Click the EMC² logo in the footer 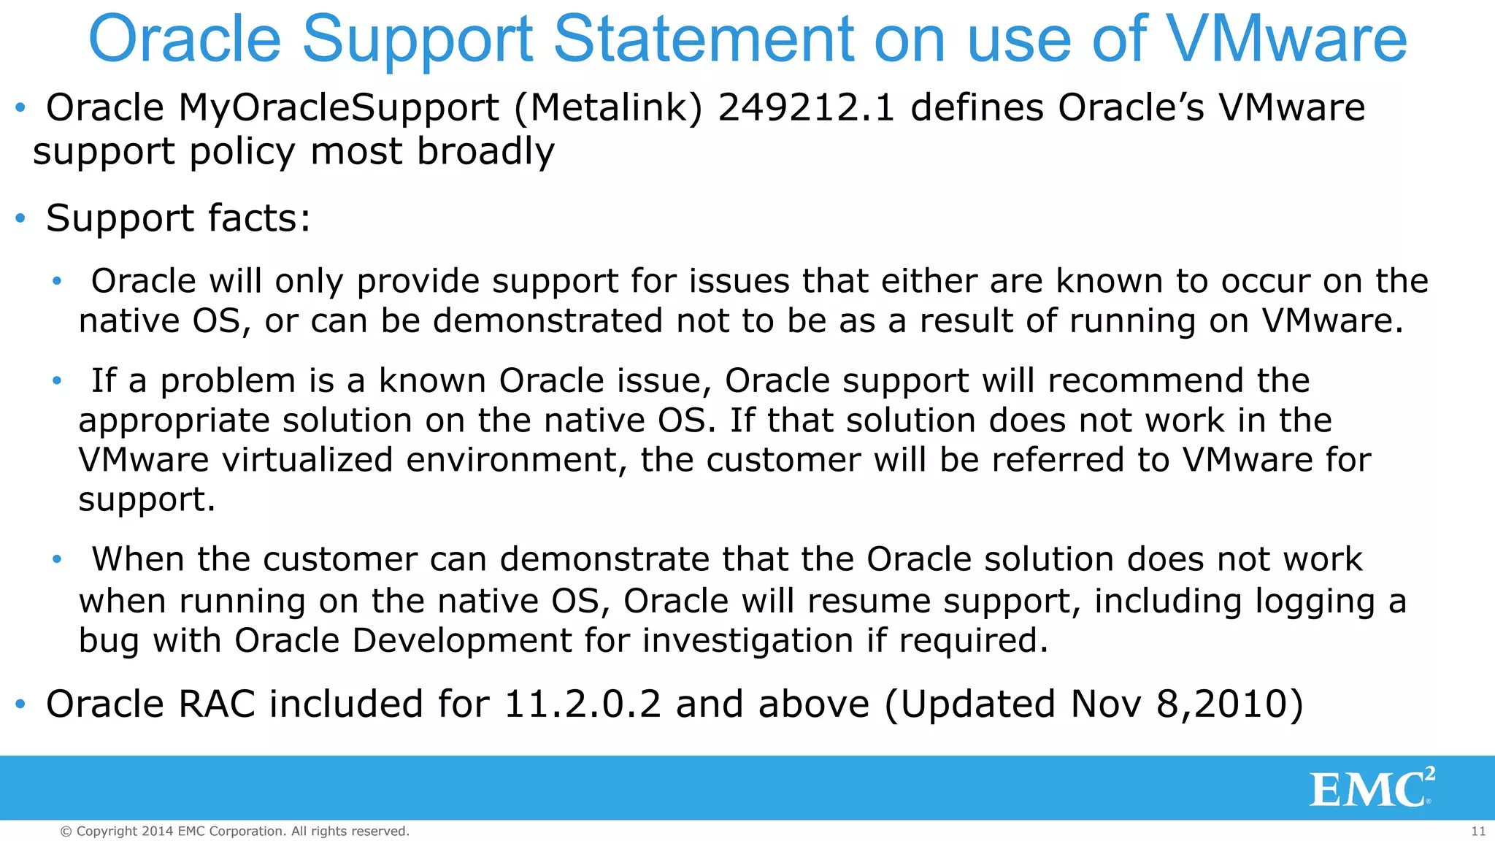[1372, 788]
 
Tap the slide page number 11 [1478, 831]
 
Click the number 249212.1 [806, 108]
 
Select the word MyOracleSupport [339, 108]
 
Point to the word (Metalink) [608, 108]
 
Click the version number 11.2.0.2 [583, 704]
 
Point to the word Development [461, 640]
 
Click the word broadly [485, 152]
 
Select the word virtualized [307, 460]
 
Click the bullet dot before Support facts [20, 218]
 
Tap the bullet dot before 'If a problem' [57, 380]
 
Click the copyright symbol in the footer [66, 832]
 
